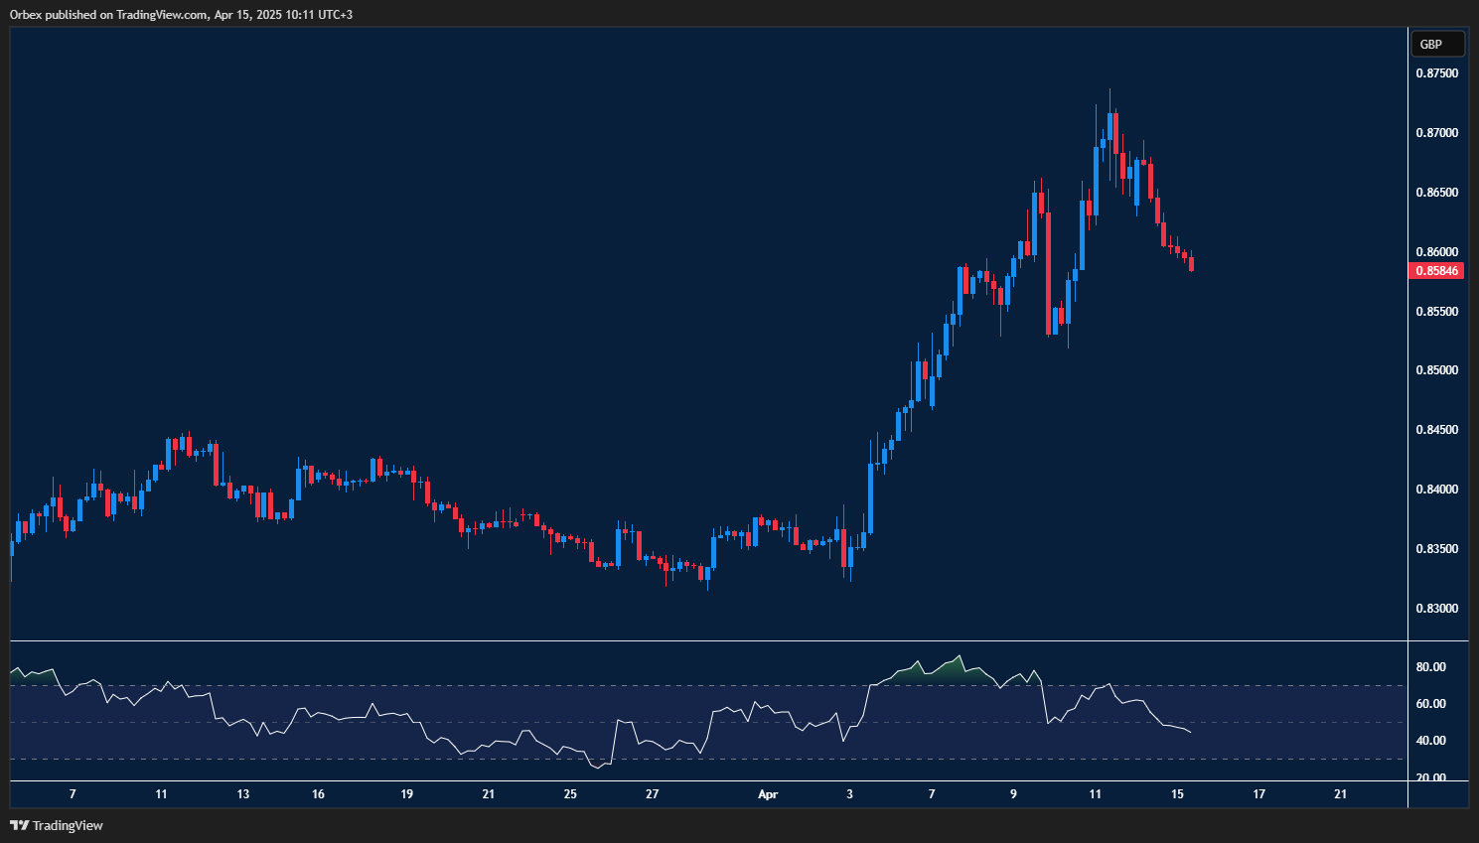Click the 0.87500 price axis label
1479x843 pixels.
pyautogui.click(x=1436, y=73)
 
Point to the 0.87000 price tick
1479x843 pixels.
pyautogui.click(x=1436, y=133)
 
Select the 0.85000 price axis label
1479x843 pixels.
pyautogui.click(x=1436, y=370)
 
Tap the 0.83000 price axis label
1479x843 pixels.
pyautogui.click(x=1436, y=609)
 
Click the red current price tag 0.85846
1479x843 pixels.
pyautogui.click(x=1436, y=271)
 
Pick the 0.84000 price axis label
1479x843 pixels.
pyautogui.click(x=1436, y=490)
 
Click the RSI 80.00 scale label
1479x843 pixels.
pyautogui.click(x=1430, y=667)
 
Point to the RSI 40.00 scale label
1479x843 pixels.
pyautogui.click(x=1430, y=741)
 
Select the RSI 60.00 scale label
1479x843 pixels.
pyautogui.click(x=1430, y=704)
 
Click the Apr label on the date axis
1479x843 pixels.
pyautogui.click(x=767, y=794)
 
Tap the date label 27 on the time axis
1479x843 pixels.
pyautogui.click(x=652, y=794)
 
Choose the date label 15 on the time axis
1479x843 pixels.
pyautogui.click(x=1177, y=794)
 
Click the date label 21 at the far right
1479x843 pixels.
pyautogui.click(x=1341, y=794)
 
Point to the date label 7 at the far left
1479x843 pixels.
pyautogui.click(x=73, y=794)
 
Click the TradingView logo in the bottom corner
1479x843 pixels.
pyautogui.click(x=57, y=825)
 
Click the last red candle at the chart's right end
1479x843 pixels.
pyautogui.click(x=1191, y=263)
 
